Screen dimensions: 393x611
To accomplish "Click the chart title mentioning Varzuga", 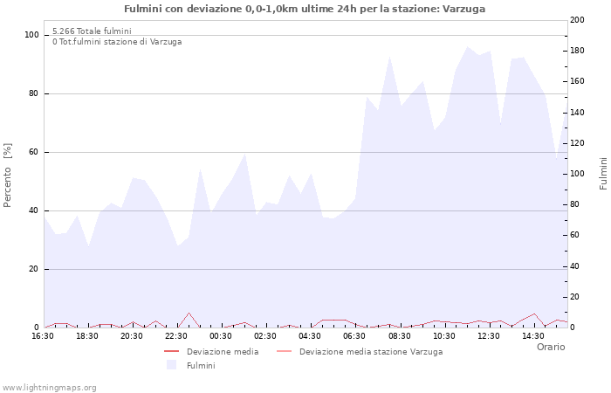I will tap(305, 9).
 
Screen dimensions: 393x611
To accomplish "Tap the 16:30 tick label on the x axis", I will tap(43, 336).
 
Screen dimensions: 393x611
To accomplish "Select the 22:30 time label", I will tap(177, 336).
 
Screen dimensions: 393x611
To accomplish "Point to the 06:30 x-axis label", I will tap(355, 336).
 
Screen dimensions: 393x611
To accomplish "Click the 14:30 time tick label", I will tap(533, 336).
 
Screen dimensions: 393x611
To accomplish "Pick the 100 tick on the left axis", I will tap(32, 35).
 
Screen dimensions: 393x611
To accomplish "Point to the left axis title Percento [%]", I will tap(9, 176).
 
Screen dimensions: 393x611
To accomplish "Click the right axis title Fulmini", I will tap(603, 173).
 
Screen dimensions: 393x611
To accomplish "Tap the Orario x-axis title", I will tap(550, 347).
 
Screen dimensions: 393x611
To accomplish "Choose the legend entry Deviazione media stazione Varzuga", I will tap(370, 352).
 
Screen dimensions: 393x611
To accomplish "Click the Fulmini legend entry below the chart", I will tap(201, 366).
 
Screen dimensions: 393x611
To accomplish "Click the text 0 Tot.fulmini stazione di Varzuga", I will tap(117, 42).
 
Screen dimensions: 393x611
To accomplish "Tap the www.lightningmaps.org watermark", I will tap(49, 388).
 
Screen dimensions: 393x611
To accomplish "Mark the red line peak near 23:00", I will tap(189, 313).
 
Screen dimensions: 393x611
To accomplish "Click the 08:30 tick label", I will tap(400, 336).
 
